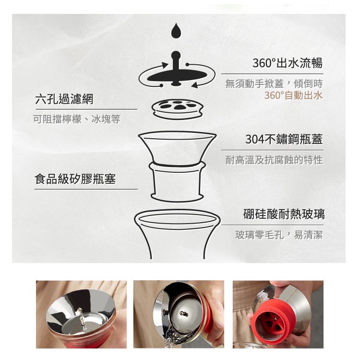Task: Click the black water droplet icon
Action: [x=176, y=31]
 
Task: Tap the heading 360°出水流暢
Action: [x=288, y=63]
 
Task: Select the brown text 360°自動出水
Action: [x=293, y=96]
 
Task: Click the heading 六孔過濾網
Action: [x=64, y=99]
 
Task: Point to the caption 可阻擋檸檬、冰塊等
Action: [x=77, y=119]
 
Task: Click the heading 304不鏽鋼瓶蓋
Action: [x=284, y=139]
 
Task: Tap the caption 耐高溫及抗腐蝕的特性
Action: [x=274, y=160]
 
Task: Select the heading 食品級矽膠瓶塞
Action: [x=75, y=179]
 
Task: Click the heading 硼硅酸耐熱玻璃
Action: [x=284, y=214]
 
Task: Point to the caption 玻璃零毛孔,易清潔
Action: [x=279, y=235]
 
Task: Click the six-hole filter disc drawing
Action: [x=178, y=109]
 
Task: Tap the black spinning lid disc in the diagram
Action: [x=176, y=76]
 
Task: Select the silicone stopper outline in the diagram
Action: [x=177, y=181]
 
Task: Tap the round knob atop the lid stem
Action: [x=176, y=55]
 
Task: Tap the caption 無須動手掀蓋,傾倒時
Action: [x=274, y=84]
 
